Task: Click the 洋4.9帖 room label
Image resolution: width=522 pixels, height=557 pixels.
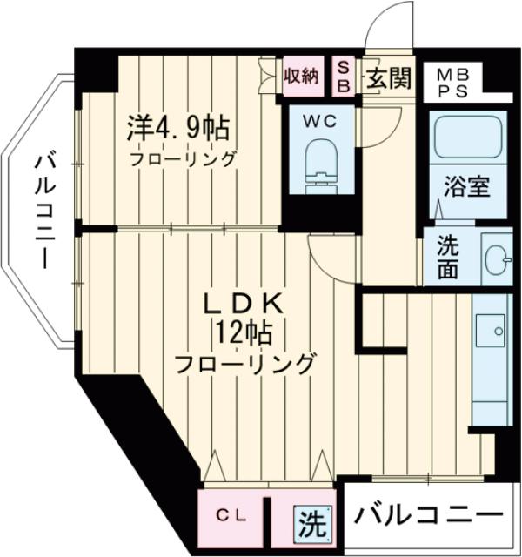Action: [x=178, y=131]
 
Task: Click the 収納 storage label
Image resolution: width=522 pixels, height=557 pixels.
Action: [x=301, y=77]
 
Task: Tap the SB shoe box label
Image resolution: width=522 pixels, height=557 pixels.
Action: [x=342, y=77]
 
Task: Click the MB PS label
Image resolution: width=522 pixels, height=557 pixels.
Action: [x=452, y=82]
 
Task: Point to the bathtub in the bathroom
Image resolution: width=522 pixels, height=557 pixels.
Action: [x=465, y=140]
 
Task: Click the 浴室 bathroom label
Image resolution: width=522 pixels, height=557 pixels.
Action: [x=465, y=185]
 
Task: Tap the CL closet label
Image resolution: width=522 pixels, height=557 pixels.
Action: [x=231, y=516]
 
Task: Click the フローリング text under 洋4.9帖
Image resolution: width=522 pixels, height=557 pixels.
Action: [x=182, y=159]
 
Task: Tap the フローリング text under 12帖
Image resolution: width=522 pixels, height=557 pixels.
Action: [x=244, y=362]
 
